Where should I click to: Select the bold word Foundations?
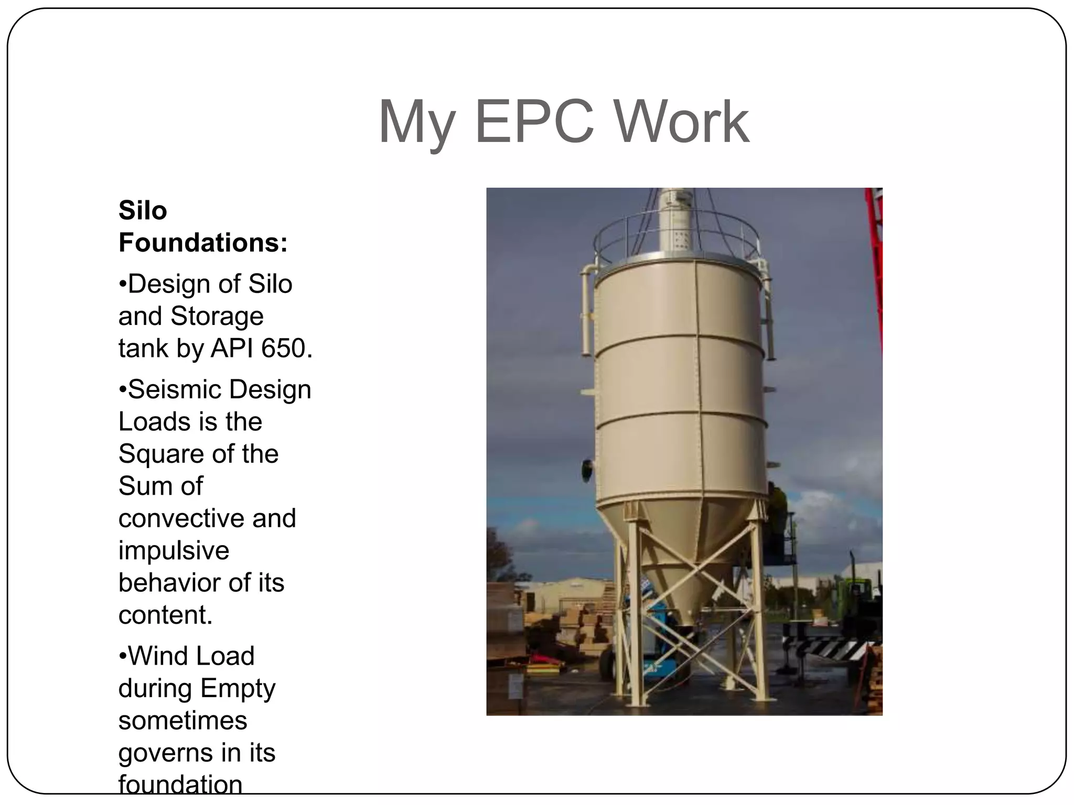click(203, 243)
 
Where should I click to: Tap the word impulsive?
click(174, 550)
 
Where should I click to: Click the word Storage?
click(217, 316)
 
